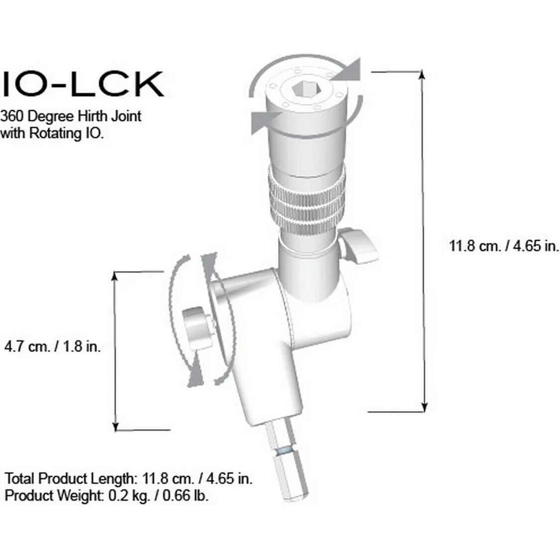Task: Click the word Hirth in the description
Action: click(x=90, y=116)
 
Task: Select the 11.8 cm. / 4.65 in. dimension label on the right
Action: click(x=504, y=245)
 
